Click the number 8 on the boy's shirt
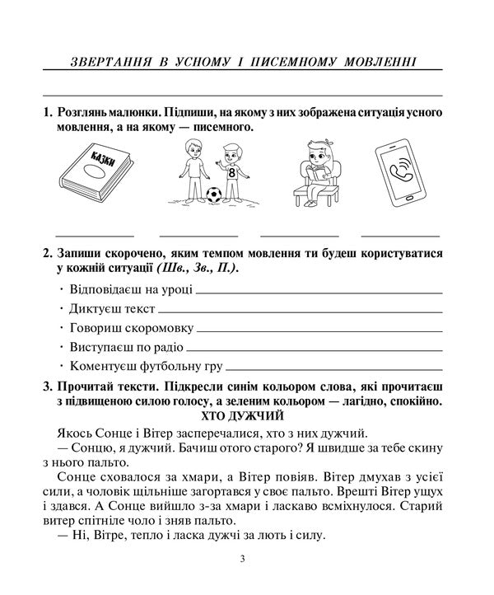(x=231, y=174)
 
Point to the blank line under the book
(x=94, y=235)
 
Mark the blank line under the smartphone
(x=400, y=235)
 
